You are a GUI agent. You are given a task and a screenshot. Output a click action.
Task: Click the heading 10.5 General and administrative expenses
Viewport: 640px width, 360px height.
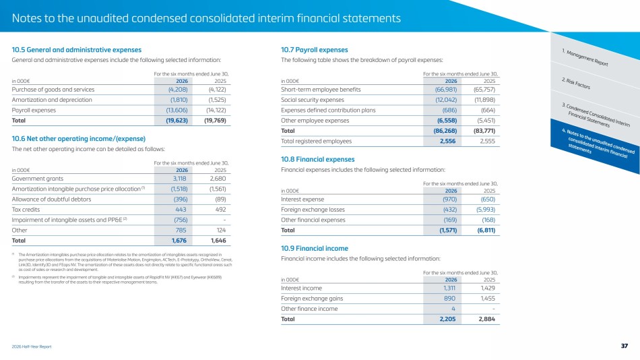tap(76, 50)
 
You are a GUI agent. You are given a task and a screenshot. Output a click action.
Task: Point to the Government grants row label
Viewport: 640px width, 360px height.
tap(38, 179)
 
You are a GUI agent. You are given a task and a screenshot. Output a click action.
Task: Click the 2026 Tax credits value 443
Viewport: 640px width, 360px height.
tap(181, 210)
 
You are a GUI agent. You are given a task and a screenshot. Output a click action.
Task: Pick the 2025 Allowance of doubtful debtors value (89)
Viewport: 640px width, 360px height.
tap(220, 200)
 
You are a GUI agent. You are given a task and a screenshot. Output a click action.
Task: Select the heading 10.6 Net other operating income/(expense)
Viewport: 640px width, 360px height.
tap(78, 139)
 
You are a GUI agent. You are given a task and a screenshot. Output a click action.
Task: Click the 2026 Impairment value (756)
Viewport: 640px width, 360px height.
tap(181, 220)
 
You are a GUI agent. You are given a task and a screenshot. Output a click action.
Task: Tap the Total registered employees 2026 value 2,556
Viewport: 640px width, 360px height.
tap(447, 141)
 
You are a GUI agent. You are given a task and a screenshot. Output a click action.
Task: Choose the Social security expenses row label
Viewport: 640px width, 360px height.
tap(312, 100)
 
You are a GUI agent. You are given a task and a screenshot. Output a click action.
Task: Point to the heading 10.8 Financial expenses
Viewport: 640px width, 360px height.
tap(317, 159)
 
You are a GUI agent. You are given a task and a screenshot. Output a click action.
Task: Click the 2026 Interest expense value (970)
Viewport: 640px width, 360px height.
tap(450, 200)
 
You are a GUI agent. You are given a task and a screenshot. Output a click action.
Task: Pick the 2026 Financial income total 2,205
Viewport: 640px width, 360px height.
tap(447, 319)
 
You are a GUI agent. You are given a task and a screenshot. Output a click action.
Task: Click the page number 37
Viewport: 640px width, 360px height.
tap(624, 346)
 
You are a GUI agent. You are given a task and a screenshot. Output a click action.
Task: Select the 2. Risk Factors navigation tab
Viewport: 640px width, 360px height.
tap(576, 84)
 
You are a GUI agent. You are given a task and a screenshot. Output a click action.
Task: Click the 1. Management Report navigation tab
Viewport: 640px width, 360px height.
tap(585, 57)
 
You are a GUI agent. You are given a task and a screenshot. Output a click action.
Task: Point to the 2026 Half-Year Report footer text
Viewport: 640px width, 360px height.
tap(32, 347)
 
